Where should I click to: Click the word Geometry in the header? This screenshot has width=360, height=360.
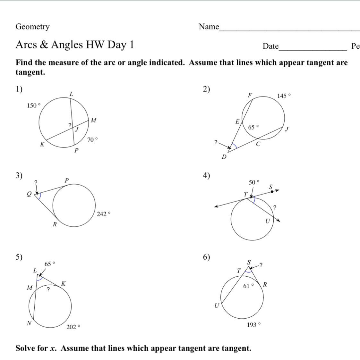[32, 27]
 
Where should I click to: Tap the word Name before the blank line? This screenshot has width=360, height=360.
[209, 27]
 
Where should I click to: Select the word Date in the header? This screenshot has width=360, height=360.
[270, 46]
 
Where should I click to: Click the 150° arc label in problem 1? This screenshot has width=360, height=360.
[34, 105]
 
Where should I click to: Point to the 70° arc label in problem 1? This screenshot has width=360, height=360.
[92, 140]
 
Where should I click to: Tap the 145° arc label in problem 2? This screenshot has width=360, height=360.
[284, 96]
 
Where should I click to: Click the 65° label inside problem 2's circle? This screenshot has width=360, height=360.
[253, 127]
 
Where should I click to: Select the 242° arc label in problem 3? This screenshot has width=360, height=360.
[103, 214]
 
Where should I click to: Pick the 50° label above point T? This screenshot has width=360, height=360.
[254, 182]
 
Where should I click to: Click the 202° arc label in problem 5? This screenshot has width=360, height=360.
[73, 327]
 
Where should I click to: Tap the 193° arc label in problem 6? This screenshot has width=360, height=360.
[253, 325]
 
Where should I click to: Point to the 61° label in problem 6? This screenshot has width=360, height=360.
[248, 286]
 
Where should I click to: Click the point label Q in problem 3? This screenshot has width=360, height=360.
[29, 194]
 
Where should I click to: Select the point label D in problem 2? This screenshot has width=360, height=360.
[224, 157]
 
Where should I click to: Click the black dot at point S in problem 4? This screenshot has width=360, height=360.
[272, 191]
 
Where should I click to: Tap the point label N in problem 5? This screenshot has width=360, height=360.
[29, 323]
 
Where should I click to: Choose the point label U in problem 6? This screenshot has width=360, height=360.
[217, 306]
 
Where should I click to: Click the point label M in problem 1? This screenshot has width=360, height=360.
[93, 121]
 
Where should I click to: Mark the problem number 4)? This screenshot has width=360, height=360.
[206, 175]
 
